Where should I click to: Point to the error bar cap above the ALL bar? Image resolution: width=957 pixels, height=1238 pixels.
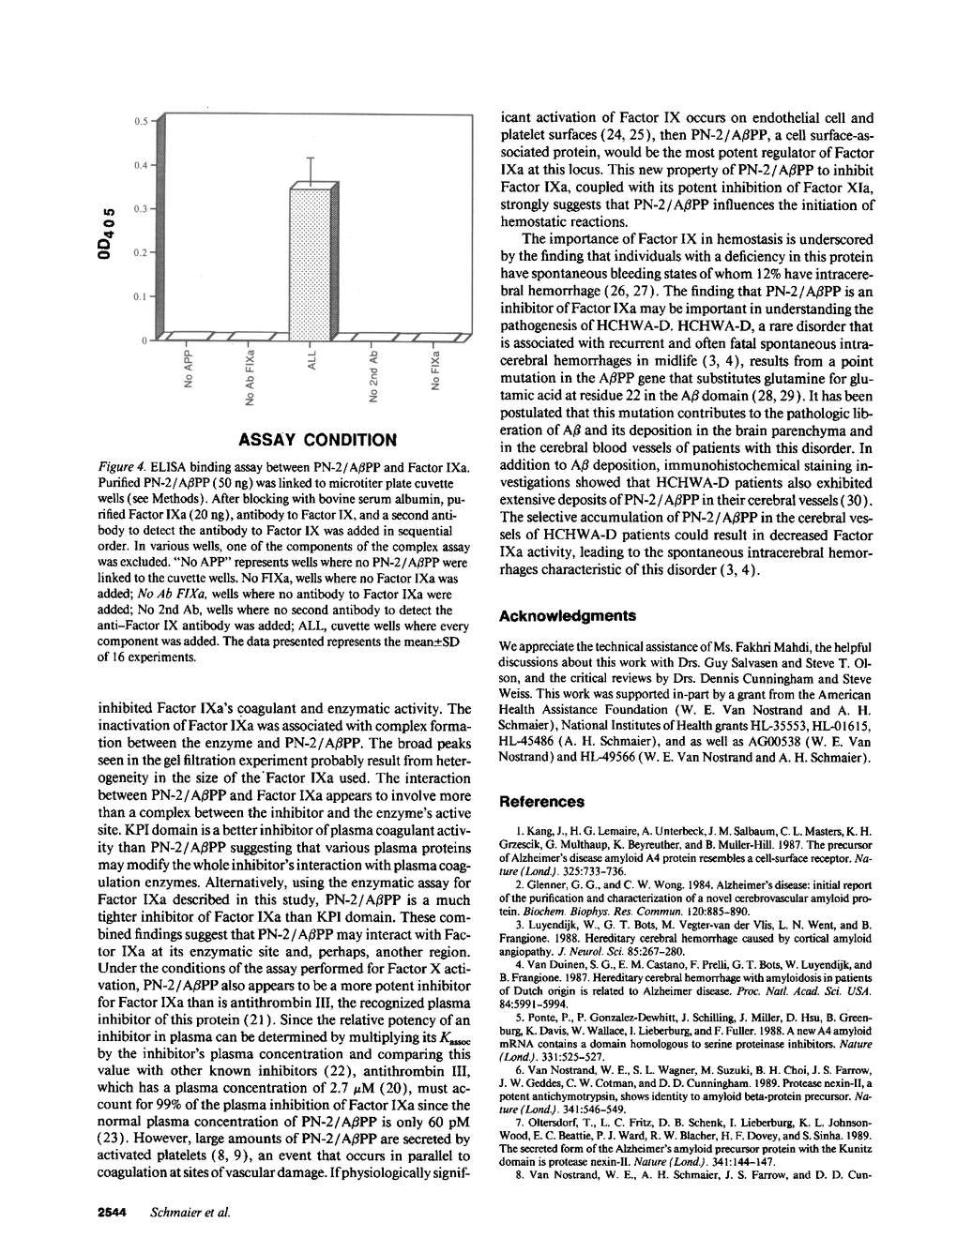tap(311, 158)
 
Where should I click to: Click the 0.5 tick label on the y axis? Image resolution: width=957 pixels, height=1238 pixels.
tap(140, 121)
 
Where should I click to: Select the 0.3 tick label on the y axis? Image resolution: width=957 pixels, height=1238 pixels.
tap(140, 209)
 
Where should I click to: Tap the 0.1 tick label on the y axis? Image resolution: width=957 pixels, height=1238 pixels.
tap(140, 296)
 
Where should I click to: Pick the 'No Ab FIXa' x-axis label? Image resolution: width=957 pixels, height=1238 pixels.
tap(251, 379)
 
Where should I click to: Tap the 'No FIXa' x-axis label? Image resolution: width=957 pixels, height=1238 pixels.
tap(434, 372)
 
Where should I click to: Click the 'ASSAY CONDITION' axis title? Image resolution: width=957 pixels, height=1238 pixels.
tap(317, 439)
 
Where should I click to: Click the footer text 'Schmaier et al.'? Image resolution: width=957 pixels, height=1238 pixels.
tap(190, 1212)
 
